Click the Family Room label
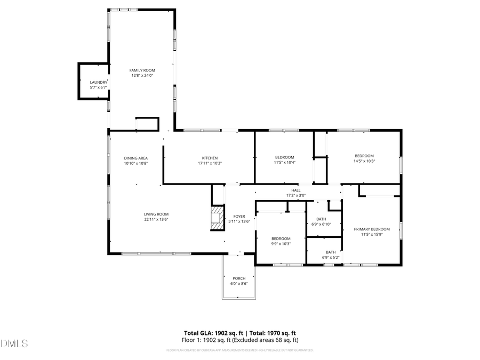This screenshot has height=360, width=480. (142, 70)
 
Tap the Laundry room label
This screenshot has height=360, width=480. (98, 82)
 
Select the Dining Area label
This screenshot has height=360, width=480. (135, 158)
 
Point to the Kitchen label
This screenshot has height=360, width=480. (210, 158)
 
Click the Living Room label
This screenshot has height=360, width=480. (156, 214)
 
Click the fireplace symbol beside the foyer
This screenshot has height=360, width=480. (217, 219)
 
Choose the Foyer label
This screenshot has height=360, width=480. (239, 216)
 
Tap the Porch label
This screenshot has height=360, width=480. (239, 278)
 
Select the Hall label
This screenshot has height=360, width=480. (295, 190)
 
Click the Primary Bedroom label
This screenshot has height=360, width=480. (372, 229)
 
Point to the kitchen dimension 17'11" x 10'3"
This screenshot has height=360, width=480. (210, 163)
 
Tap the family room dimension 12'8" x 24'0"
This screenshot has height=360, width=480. (142, 76)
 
